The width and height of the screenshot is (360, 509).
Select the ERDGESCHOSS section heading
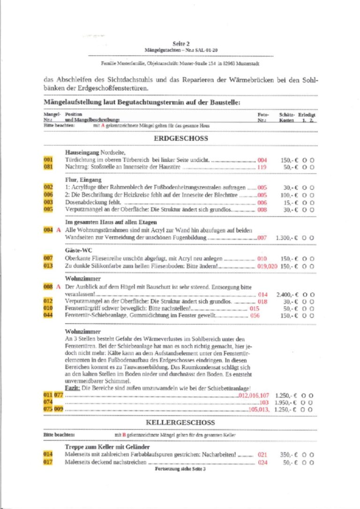tap(180, 138)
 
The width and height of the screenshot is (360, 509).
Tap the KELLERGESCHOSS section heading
tap(180, 423)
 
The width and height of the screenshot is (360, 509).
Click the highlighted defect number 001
tap(48, 160)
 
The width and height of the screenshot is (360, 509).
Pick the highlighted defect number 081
tap(48, 167)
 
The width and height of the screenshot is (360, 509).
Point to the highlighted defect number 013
tap(48, 266)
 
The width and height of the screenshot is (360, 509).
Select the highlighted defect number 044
tap(48, 316)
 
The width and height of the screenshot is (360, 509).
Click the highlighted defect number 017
tap(48, 462)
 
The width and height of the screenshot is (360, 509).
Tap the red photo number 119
tap(262, 167)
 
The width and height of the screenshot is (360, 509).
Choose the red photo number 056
tap(255, 316)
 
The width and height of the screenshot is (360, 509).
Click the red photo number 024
tap(262, 462)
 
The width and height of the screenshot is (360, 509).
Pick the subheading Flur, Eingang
tap(82, 180)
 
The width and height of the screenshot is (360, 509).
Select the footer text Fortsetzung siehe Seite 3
tap(180, 469)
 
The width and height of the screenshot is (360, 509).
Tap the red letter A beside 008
tap(59, 286)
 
